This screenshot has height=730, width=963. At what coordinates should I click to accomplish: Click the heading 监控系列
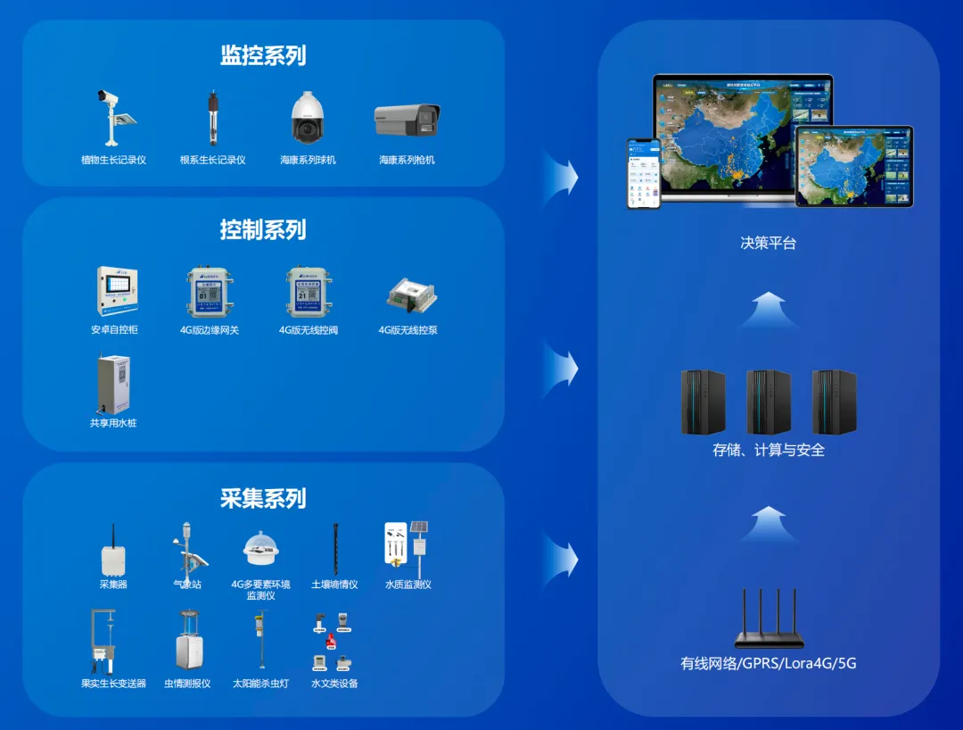(x=263, y=56)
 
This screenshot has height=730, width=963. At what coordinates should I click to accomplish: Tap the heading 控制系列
(x=263, y=230)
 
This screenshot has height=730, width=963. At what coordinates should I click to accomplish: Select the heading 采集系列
(x=263, y=498)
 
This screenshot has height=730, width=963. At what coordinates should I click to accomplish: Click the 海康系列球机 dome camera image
(x=308, y=118)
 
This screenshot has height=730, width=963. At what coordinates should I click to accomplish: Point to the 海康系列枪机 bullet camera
(x=407, y=120)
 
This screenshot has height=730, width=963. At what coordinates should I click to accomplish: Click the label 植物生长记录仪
(x=113, y=161)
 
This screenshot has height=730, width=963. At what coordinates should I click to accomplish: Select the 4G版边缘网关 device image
(x=210, y=292)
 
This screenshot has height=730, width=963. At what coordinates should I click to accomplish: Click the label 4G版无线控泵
(x=407, y=330)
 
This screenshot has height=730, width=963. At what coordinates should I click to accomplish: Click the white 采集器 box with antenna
(x=113, y=552)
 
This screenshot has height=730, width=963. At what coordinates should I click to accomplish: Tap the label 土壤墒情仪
(x=334, y=585)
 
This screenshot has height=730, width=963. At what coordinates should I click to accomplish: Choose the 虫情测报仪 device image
(x=187, y=641)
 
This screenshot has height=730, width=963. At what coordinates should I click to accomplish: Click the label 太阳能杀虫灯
(x=260, y=684)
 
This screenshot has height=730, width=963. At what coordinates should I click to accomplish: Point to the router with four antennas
(x=769, y=619)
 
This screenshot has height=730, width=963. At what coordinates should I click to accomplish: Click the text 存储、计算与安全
(x=769, y=451)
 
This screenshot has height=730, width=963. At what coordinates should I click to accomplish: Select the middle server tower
(x=769, y=402)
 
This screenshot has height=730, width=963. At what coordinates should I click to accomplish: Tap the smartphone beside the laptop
(x=643, y=173)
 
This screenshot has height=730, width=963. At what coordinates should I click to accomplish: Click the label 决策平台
(x=768, y=243)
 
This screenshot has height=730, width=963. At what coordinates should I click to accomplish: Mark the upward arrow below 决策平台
(x=769, y=310)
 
